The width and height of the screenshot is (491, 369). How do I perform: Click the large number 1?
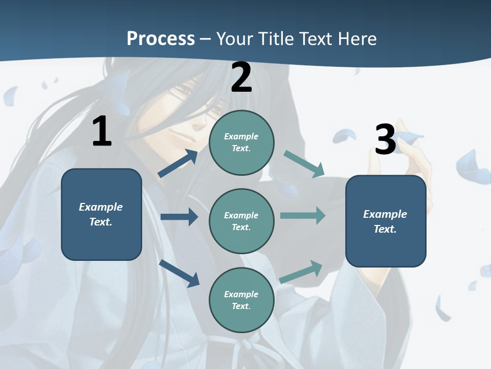102,131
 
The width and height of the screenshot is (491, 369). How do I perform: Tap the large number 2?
241,78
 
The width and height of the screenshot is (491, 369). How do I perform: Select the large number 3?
386,140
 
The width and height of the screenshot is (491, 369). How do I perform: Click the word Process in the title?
161,38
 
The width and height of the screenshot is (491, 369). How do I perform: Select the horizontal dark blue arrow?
179,217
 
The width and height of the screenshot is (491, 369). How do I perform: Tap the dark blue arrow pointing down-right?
179,273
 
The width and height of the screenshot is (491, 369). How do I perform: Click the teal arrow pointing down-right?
304,164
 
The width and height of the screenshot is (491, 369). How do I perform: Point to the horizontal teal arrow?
303,215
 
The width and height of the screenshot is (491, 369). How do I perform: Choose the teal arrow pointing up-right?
302,271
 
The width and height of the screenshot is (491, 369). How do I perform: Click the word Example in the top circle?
241,136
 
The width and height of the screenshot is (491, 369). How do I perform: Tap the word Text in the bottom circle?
240,306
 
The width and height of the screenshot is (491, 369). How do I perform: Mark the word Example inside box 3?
385,214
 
